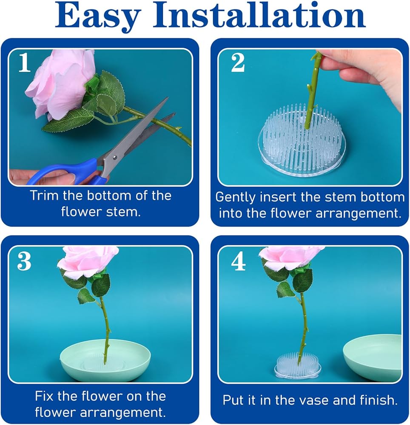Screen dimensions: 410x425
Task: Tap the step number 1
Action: pyautogui.click(x=24, y=62)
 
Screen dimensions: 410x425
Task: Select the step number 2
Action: pyautogui.click(x=238, y=62)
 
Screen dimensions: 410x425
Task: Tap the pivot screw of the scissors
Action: pyautogui.click(x=115, y=157)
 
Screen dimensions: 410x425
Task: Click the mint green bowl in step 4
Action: pyautogui.click(x=373, y=358)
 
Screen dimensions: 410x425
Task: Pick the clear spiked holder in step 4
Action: pyautogui.click(x=298, y=365)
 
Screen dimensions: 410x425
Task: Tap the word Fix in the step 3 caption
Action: pyautogui.click(x=44, y=396)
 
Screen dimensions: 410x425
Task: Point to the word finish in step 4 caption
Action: pyautogui.click(x=379, y=400)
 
